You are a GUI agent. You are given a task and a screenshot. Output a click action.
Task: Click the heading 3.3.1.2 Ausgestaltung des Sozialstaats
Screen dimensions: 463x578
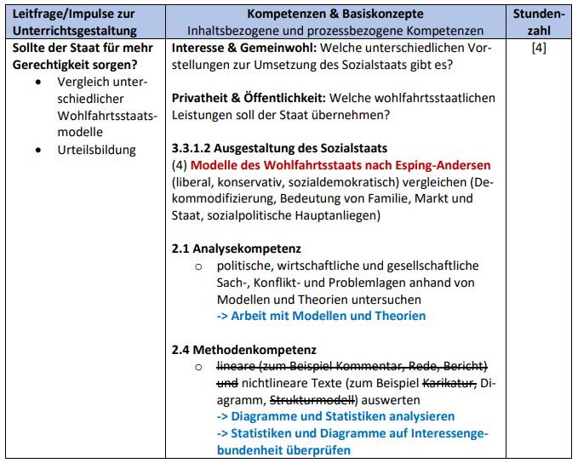pos(279,148)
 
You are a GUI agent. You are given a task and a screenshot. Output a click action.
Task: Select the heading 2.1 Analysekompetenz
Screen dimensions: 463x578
pos(236,249)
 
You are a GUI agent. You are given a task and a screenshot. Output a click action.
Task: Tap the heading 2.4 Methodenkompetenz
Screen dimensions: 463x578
pos(243,349)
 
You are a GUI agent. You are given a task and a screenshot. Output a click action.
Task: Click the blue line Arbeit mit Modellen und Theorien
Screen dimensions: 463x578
pos(321,316)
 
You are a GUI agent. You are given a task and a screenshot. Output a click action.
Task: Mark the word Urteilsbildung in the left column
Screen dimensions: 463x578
pos(96,150)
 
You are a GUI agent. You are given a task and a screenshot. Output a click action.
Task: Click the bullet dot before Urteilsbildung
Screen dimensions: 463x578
pos(40,150)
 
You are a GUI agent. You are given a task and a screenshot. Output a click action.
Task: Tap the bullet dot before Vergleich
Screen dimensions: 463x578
pos(40,83)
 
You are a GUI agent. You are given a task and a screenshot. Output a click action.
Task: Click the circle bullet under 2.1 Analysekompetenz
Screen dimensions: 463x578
pos(198,266)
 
